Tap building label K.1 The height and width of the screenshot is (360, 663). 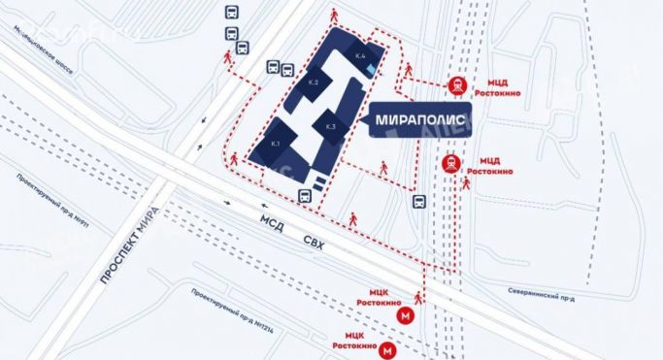(276, 145)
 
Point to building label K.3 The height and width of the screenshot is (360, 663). (330, 127)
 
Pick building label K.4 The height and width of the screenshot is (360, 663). (361, 56)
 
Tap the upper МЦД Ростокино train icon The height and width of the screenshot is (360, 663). (456, 84)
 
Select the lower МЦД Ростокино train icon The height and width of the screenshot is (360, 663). (450, 163)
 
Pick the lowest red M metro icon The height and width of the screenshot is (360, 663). (387, 350)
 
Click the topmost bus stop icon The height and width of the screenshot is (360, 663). (231, 13)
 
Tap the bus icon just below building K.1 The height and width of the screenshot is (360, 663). (304, 195)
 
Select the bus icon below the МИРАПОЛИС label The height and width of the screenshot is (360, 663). (418, 202)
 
